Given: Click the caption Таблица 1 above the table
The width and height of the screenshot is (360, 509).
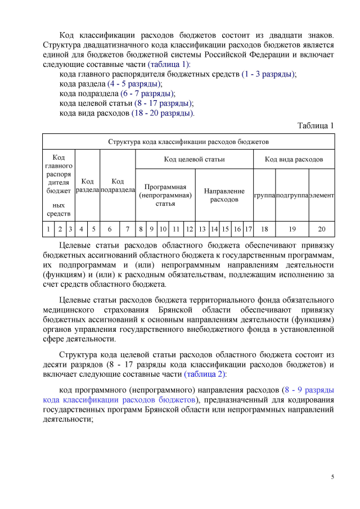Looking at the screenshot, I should coord(316,125).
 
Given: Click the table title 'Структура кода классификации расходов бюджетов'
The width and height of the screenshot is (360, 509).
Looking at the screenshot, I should coord(188,141).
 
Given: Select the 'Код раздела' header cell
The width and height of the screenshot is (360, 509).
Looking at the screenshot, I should coord(87,186).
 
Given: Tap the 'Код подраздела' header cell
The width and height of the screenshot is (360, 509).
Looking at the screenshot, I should coord(118,186).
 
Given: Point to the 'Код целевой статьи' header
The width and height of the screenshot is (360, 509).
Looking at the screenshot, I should coord(194,159).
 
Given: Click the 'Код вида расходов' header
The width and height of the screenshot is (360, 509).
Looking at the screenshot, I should coord(294,159).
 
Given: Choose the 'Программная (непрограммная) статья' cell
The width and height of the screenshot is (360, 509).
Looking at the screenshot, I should coord(165,195).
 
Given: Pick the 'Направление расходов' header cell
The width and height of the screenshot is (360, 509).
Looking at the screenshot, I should coord(224,195).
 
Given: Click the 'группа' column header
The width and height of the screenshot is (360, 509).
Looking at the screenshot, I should coord(264,195).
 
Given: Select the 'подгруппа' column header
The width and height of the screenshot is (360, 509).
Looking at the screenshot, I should coord(292,195).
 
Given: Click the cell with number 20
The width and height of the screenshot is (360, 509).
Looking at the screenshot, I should coord(322,229).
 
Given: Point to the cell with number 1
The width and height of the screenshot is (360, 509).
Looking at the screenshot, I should coord(48,229).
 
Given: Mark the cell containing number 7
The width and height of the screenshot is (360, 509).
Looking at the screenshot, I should coord(128,229).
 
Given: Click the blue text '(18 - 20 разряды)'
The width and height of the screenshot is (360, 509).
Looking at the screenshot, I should coord(163,113).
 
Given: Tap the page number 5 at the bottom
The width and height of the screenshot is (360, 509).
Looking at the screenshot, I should coord(332,477).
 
